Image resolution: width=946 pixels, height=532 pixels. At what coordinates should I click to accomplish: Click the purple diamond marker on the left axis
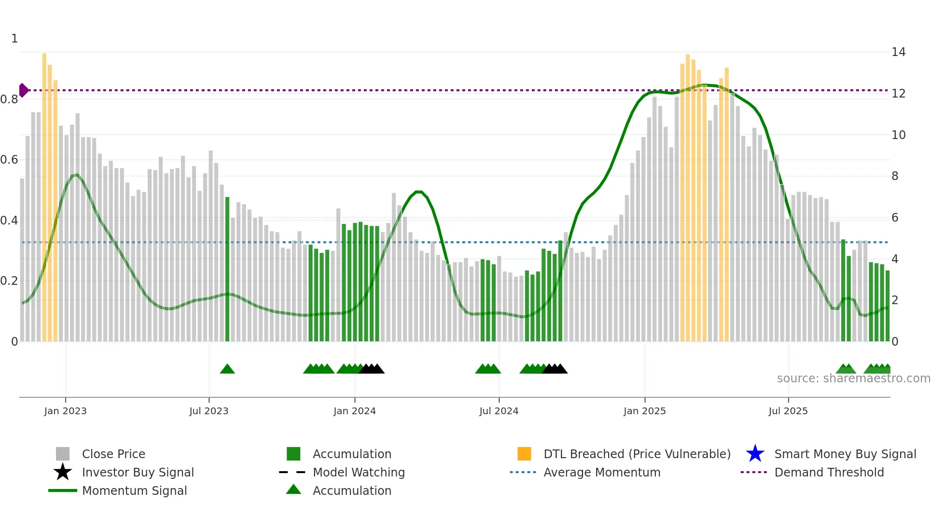[23, 90]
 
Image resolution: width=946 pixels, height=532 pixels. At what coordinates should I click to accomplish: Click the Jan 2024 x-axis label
[354, 411]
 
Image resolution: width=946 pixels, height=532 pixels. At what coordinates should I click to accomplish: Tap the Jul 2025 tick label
[788, 411]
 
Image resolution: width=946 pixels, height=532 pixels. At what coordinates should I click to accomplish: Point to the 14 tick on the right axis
[898, 52]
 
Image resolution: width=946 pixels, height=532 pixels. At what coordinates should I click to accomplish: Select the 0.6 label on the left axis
[9, 160]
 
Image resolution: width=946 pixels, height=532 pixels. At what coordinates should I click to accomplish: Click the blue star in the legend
[755, 454]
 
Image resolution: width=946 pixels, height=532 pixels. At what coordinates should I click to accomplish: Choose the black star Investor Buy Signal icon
[63, 472]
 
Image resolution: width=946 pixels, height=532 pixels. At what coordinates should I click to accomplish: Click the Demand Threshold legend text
[829, 472]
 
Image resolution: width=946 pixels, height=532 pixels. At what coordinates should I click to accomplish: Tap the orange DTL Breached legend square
[524, 454]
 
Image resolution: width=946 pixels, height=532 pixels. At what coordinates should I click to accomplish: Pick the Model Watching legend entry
[358, 472]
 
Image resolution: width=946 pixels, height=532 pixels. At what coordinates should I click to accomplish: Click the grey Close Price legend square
[63, 454]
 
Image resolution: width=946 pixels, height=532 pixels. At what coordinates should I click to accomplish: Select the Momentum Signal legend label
[134, 490]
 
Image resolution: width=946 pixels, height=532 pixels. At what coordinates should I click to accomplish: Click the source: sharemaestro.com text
[853, 378]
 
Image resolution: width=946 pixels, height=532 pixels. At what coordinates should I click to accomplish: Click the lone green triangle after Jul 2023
[227, 369]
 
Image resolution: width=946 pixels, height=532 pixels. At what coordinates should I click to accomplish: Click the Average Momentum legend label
[601, 472]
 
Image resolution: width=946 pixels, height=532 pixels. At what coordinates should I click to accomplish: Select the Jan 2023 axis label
[65, 411]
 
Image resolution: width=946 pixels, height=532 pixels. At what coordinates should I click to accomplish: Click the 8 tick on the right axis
[895, 176]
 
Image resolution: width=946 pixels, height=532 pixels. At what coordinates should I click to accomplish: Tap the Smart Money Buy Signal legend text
[845, 454]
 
